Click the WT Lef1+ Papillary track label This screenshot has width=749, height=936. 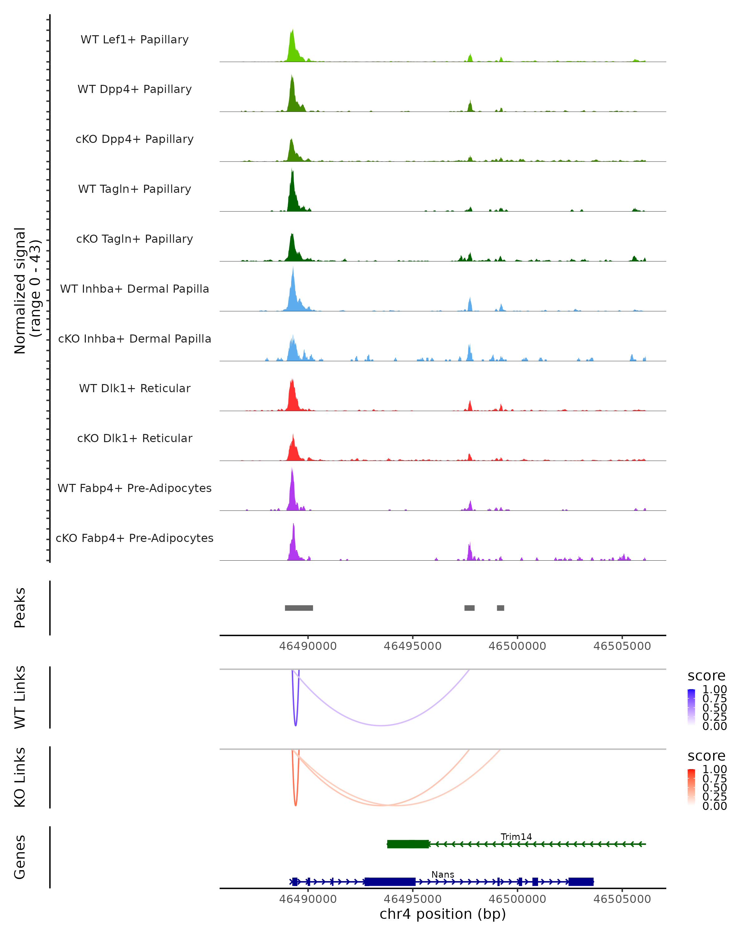(135, 40)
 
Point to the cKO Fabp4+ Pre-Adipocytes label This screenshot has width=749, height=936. (135, 538)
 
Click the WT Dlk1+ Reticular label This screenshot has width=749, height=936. (135, 388)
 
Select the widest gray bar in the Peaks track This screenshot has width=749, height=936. (299, 608)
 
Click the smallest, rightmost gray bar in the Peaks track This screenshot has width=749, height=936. (501, 608)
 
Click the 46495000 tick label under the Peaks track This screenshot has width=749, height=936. (413, 646)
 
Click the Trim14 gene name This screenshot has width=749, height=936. (516, 836)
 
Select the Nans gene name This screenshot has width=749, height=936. (443, 874)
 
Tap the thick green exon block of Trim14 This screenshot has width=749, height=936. (408, 844)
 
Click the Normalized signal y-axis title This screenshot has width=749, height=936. (27, 291)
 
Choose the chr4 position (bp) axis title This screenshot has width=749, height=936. (443, 914)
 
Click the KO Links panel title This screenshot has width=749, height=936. (20, 777)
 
